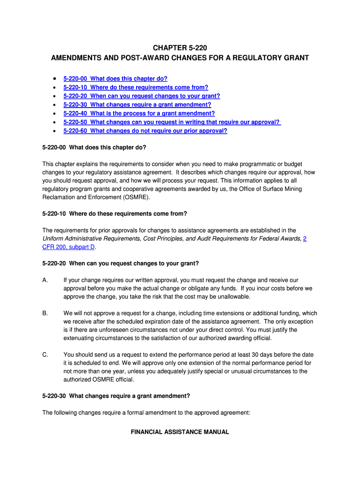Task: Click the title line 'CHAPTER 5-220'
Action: click(180, 48)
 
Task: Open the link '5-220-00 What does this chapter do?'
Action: click(115, 79)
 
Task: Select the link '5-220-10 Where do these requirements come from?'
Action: click(136, 87)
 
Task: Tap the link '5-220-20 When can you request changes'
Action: click(142, 96)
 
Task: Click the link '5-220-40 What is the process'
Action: click(139, 113)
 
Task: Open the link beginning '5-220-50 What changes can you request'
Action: click(172, 122)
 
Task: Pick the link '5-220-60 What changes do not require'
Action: click(145, 131)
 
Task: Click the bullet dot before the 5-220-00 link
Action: click(55, 79)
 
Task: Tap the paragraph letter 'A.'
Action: click(45, 280)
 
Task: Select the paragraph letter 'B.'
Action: click(45, 313)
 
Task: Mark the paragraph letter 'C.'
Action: click(45, 355)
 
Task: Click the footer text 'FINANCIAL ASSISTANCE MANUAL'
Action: click(180, 432)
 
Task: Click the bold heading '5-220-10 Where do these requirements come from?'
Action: click(115, 213)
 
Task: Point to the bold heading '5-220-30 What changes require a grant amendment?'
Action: click(116, 396)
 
